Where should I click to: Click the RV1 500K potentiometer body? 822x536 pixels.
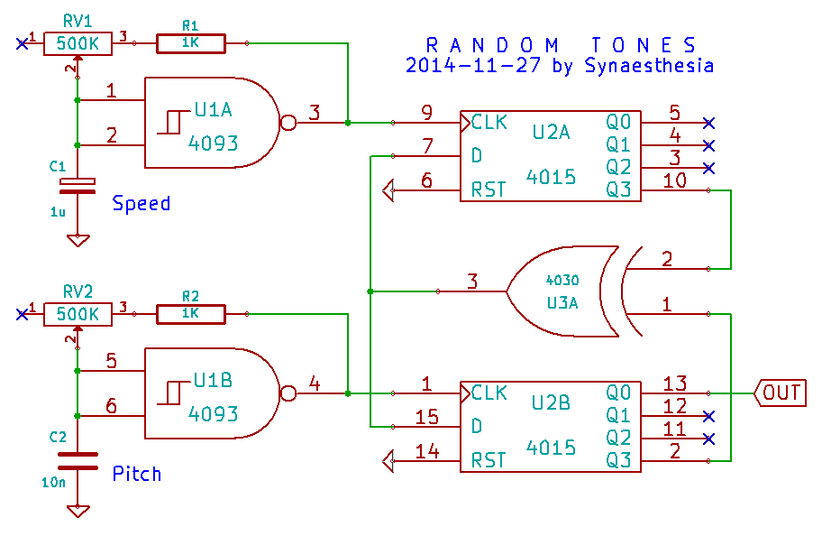[78, 42]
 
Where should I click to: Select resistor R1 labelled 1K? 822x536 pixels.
[190, 42]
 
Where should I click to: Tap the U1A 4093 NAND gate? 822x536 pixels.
[213, 122]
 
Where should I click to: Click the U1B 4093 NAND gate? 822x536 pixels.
[213, 393]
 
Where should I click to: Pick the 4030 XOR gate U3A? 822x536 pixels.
[563, 291]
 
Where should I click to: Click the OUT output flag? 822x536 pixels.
[781, 393]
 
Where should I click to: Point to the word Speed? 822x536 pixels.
[141, 203]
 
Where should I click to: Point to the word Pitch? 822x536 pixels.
[137, 473]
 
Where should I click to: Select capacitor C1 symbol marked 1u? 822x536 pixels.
[77, 184]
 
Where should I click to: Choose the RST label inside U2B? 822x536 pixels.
[489, 461]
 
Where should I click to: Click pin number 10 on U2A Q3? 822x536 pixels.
[674, 180]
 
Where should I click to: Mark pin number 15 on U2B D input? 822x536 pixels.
[426, 417]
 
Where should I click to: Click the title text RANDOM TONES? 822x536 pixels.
[560, 44]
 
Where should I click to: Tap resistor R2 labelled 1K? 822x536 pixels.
[190, 314]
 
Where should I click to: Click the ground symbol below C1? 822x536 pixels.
[78, 240]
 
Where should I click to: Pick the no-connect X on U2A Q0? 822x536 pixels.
[708, 122]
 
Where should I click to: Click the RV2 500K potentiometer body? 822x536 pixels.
[78, 314]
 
